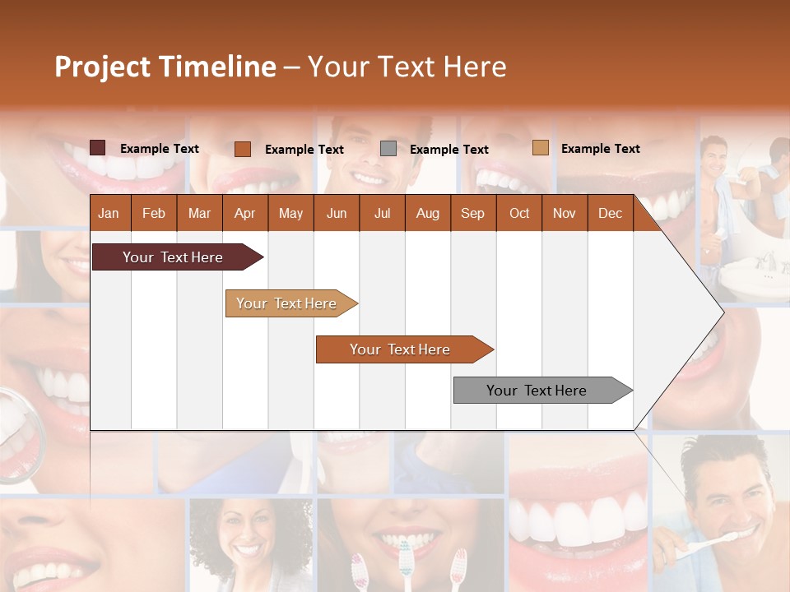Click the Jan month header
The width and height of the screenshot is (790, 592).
[x=109, y=214]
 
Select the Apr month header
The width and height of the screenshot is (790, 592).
[x=244, y=214]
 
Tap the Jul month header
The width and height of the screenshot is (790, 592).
[x=382, y=214]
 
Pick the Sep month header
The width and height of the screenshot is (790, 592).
[x=472, y=214]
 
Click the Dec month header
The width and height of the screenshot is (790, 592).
[x=610, y=214]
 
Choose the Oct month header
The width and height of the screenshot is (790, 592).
[x=518, y=214]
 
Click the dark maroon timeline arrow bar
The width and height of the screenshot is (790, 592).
[x=173, y=257]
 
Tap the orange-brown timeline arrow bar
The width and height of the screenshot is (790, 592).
[x=400, y=349]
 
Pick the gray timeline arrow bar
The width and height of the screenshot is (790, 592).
[x=537, y=391]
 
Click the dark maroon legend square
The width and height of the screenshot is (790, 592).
[x=97, y=148]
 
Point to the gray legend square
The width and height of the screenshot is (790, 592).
[x=388, y=149]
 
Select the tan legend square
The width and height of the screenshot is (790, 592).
[x=540, y=148]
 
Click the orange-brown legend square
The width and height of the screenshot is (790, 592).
[x=242, y=149]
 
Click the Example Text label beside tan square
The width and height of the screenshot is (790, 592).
[x=600, y=149]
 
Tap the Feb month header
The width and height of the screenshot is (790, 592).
[x=154, y=214]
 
